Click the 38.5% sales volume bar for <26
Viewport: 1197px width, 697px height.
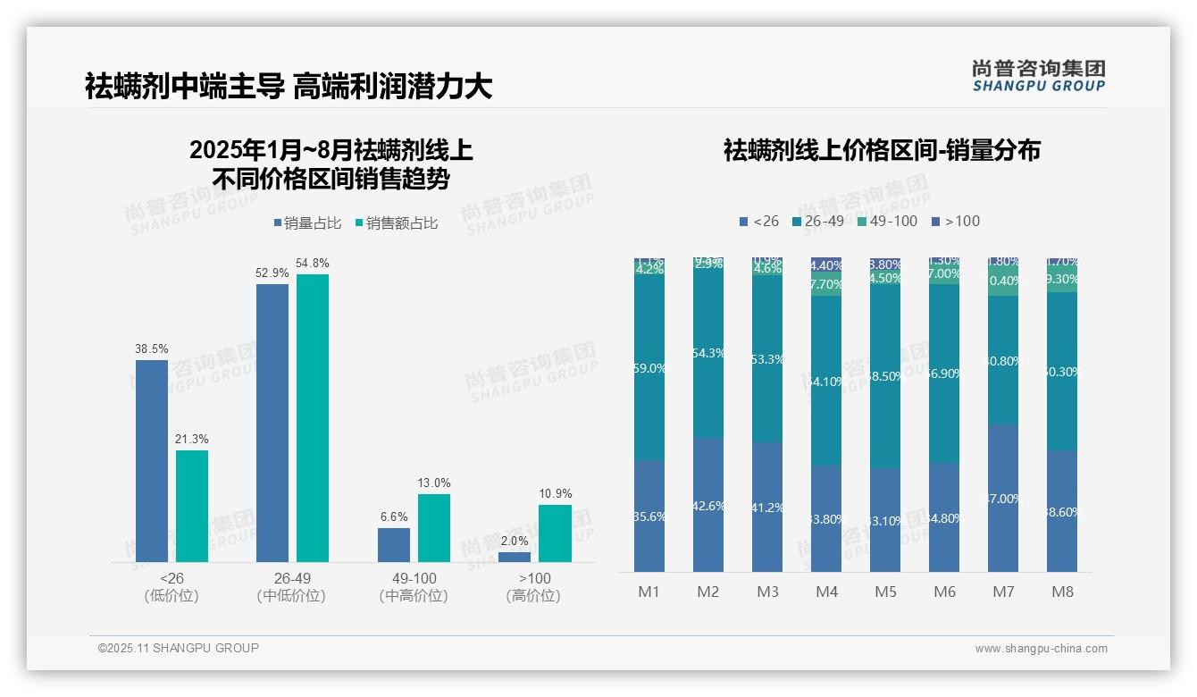[x=151, y=460]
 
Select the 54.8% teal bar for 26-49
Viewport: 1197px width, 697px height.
[x=313, y=417]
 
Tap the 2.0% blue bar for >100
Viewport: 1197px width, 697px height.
[x=514, y=557]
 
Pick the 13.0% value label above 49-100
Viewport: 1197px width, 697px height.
[x=434, y=483]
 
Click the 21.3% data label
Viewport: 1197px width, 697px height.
[x=192, y=439]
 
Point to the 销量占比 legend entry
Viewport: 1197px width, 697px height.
[x=307, y=223]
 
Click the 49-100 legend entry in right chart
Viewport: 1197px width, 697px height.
[x=887, y=221]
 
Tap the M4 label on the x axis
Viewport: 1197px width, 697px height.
[x=826, y=592]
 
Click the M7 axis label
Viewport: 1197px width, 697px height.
[x=1003, y=592]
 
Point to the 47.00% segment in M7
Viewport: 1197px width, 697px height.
[x=1003, y=498]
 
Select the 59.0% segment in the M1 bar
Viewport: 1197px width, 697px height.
[x=649, y=367]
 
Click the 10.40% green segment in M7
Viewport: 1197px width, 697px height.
[x=1003, y=281]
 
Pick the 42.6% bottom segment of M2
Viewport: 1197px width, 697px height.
[x=707, y=505]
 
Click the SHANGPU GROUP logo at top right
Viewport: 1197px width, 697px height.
[x=1038, y=76]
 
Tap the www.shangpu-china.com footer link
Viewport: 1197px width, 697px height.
[x=1041, y=649]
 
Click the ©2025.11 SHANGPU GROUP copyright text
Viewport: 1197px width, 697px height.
[x=179, y=648]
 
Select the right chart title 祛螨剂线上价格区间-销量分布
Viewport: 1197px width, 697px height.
[x=882, y=150]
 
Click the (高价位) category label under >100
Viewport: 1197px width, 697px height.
[x=533, y=596]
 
